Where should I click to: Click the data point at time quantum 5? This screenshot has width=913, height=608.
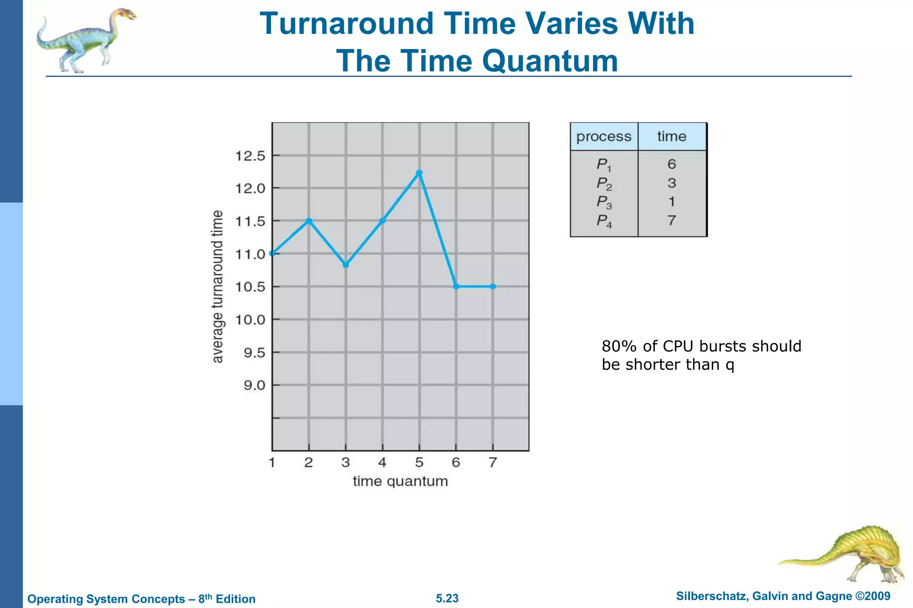[419, 173]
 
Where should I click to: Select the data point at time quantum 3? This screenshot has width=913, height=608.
[345, 265]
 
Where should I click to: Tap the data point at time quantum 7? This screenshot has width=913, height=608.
[493, 286]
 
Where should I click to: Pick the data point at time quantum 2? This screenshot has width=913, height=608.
[309, 220]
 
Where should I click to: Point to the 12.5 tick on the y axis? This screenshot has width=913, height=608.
[250, 156]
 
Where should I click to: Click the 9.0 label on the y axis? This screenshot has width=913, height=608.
[254, 385]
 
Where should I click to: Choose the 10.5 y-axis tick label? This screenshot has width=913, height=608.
[250, 287]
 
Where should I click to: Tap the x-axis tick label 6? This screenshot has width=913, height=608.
[456, 463]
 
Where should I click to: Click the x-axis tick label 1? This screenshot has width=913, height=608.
[272, 463]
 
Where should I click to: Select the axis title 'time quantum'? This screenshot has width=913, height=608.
[400, 481]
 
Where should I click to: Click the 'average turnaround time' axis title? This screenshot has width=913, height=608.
[217, 286]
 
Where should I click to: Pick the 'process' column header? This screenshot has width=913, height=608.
[604, 136]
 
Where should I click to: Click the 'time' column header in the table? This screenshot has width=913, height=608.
[671, 136]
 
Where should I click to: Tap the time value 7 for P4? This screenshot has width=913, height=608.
[671, 220]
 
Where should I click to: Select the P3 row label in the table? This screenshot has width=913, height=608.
[604, 202]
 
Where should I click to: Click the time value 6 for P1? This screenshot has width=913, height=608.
[671, 164]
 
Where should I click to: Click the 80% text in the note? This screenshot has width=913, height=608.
[619, 346]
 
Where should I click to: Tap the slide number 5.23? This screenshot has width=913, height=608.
[447, 598]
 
